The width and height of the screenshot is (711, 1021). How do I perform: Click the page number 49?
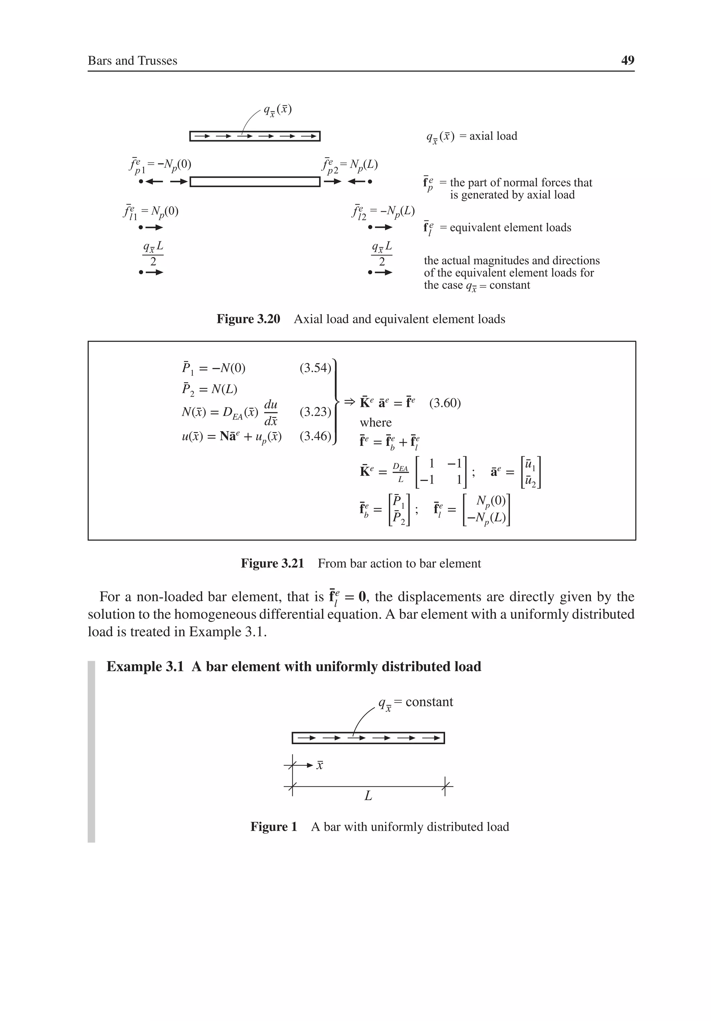627,60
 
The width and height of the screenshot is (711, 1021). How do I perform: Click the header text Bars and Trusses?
133,60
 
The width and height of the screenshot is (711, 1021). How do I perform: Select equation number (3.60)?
445,403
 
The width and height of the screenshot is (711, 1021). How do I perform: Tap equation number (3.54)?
315,368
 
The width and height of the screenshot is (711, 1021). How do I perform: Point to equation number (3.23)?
315,412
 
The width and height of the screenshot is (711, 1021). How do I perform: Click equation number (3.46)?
315,436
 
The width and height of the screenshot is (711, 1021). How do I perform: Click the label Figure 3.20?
248,319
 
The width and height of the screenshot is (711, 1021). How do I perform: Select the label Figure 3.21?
272,563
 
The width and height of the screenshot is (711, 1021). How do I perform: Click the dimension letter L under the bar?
368,796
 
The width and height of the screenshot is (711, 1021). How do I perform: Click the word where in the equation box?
376,422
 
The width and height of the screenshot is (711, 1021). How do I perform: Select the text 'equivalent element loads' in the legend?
510,228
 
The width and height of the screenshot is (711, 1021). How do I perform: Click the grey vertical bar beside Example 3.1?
91,752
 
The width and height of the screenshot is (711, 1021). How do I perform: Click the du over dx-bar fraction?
271,412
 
